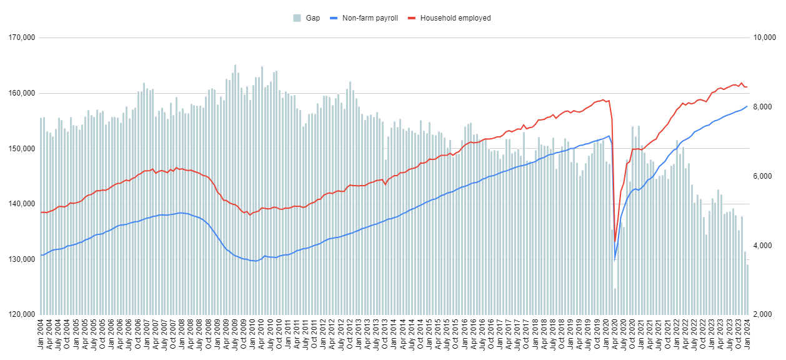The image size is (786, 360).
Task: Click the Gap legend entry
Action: [x=312, y=18]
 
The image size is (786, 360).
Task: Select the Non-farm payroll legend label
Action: [x=370, y=18]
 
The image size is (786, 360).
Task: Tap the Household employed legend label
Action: [x=455, y=18]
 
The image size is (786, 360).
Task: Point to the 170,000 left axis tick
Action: [x=21, y=38]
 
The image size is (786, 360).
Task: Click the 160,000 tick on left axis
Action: [x=21, y=93]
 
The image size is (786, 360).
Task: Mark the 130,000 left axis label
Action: [x=21, y=259]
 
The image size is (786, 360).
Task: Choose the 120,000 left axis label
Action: [x=21, y=314]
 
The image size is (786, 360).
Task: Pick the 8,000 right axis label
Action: [x=764, y=107]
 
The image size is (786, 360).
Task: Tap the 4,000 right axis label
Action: [x=764, y=246]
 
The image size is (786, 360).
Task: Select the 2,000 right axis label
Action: [x=764, y=314]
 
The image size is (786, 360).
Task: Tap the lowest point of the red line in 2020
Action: [x=615, y=242]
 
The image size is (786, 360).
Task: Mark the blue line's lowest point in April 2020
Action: [x=615, y=259]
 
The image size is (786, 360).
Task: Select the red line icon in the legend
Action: [x=413, y=18]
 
